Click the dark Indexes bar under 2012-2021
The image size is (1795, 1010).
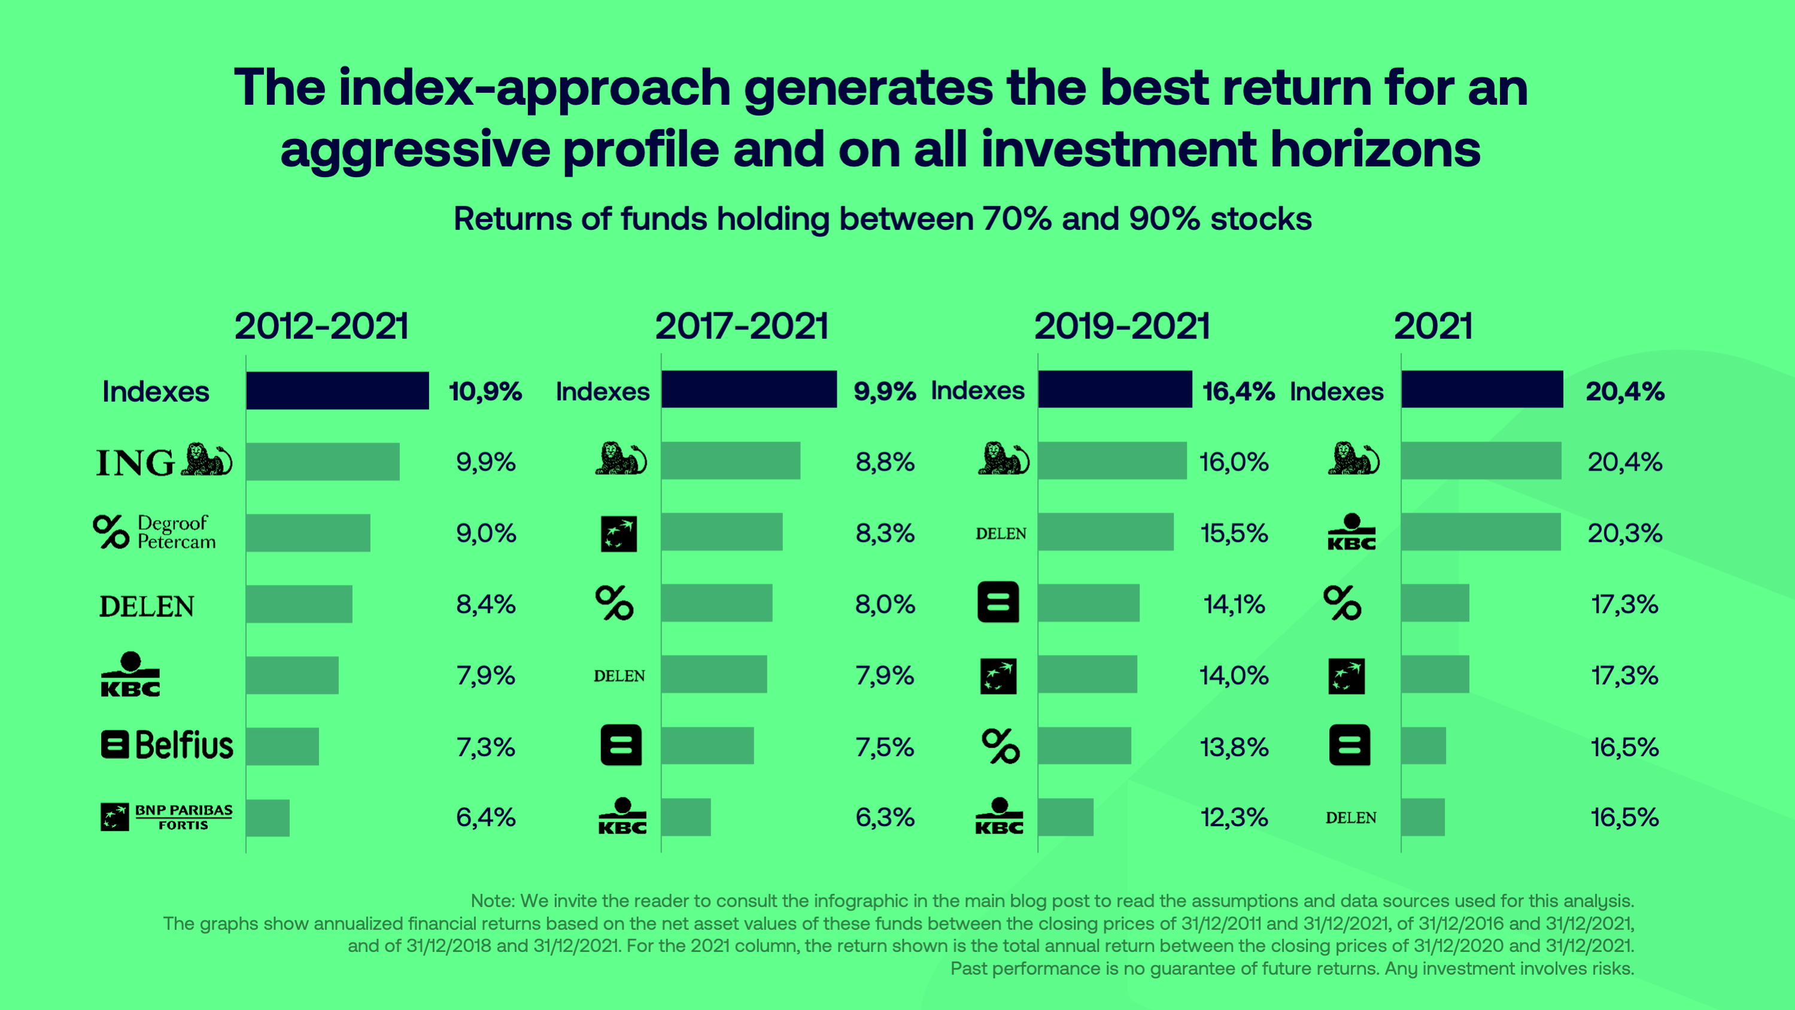337,390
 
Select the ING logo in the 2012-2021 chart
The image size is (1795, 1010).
164,461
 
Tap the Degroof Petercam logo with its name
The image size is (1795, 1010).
154,532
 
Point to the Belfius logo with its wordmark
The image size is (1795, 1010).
166,745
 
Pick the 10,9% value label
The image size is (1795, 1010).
485,391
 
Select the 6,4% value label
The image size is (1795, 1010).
485,817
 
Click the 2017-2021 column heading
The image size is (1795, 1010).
742,326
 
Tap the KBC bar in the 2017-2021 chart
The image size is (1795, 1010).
686,817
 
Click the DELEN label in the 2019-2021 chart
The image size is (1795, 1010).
1001,534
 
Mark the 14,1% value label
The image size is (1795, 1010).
1234,604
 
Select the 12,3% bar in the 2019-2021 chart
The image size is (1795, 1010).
1065,817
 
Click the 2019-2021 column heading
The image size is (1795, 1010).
1122,326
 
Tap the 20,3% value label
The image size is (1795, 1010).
1625,533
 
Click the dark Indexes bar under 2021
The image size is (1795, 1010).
1482,390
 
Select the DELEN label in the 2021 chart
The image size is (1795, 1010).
1350,818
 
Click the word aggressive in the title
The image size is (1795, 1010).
415,150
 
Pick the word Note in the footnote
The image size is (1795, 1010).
492,900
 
